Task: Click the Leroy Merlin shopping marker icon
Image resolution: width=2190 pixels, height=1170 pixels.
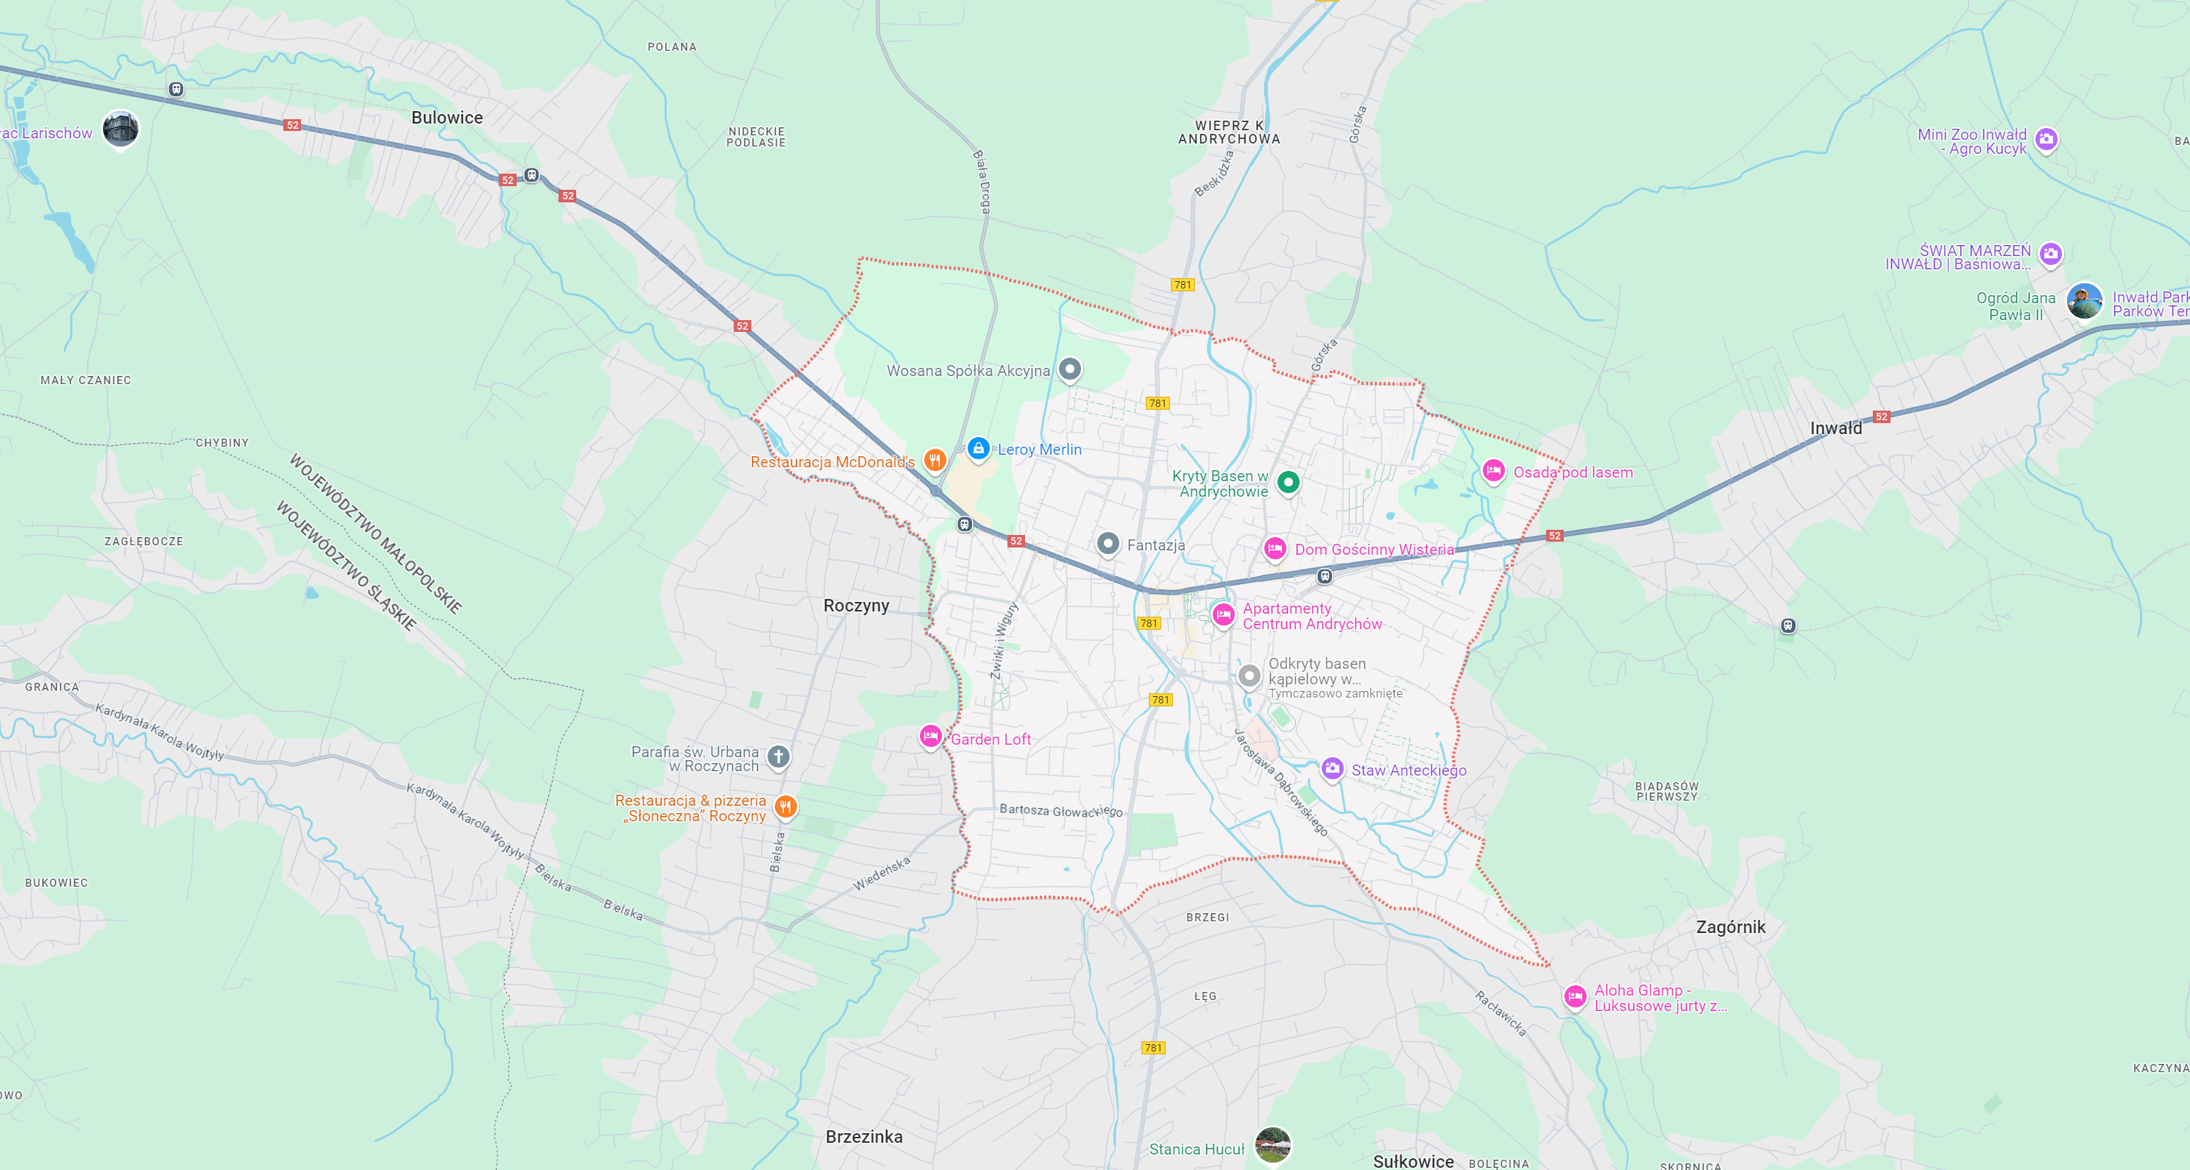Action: pyautogui.click(x=979, y=448)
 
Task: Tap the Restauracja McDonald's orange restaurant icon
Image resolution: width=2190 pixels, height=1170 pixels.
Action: pyautogui.click(x=935, y=460)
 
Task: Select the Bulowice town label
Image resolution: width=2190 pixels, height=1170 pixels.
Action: pyautogui.click(x=447, y=117)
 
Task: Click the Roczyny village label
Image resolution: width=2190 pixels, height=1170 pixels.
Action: pyautogui.click(x=855, y=606)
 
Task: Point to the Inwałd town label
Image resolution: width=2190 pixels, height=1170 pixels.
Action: pyautogui.click(x=1835, y=428)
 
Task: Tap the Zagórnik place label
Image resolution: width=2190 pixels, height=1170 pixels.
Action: pyautogui.click(x=1730, y=927)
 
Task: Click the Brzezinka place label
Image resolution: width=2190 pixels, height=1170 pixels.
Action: pyautogui.click(x=864, y=1137)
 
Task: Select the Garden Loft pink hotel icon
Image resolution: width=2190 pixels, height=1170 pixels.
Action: pyautogui.click(x=930, y=736)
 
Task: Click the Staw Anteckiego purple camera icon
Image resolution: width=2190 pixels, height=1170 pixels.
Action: pyautogui.click(x=1331, y=767)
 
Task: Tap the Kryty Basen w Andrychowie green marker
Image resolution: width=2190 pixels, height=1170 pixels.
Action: pyautogui.click(x=1288, y=482)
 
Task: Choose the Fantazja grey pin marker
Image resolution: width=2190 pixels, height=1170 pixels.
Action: pyautogui.click(x=1107, y=542)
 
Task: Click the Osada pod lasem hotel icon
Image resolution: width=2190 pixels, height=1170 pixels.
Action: pyautogui.click(x=1493, y=470)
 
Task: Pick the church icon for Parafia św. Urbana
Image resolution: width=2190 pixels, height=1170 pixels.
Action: pyautogui.click(x=778, y=756)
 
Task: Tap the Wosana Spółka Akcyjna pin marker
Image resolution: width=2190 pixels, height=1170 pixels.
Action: pyautogui.click(x=1069, y=369)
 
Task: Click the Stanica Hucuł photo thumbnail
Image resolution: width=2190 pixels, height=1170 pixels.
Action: pyautogui.click(x=1272, y=1144)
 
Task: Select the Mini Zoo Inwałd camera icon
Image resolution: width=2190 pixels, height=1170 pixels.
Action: pyautogui.click(x=2047, y=138)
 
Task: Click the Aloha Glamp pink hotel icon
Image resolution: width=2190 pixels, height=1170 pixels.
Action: pyautogui.click(x=1575, y=996)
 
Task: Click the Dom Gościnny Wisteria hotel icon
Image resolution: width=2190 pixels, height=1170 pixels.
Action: pyautogui.click(x=1275, y=548)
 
